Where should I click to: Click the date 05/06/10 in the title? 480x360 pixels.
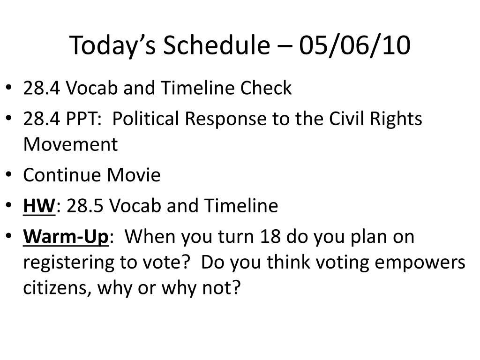click(354, 45)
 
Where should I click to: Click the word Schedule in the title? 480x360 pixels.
click(217, 45)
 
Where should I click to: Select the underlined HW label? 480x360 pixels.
click(39, 205)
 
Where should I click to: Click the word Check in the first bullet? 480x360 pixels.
click(266, 88)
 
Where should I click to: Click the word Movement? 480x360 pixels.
click(70, 144)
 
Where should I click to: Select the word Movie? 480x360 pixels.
click(134, 175)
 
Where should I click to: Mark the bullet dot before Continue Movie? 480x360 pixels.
click(8, 174)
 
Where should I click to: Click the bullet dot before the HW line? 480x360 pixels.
click(8, 204)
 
